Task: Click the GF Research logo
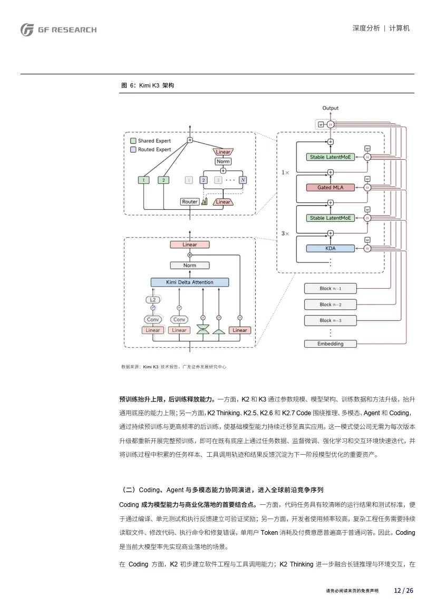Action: click(x=59, y=30)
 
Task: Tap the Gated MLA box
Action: click(x=330, y=188)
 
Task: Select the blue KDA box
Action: click(x=330, y=248)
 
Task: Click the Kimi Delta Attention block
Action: click(x=189, y=282)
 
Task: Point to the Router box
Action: click(x=189, y=201)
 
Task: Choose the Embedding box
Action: click(x=330, y=344)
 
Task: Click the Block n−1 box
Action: click(x=330, y=288)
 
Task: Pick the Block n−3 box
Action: click(x=330, y=320)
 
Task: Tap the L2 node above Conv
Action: click(x=153, y=300)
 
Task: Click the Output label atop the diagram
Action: click(x=330, y=108)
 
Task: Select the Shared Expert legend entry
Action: click(x=151, y=141)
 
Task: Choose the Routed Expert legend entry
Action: click(x=151, y=149)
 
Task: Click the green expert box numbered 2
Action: click(x=163, y=180)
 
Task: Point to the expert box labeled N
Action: click(x=243, y=180)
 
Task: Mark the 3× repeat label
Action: click(x=285, y=233)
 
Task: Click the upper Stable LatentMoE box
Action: click(x=330, y=157)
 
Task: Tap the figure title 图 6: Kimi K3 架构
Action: click(x=148, y=85)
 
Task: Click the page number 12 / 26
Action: click(x=403, y=591)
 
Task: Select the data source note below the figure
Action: click(x=174, y=367)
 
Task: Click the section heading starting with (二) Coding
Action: click(x=221, y=490)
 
